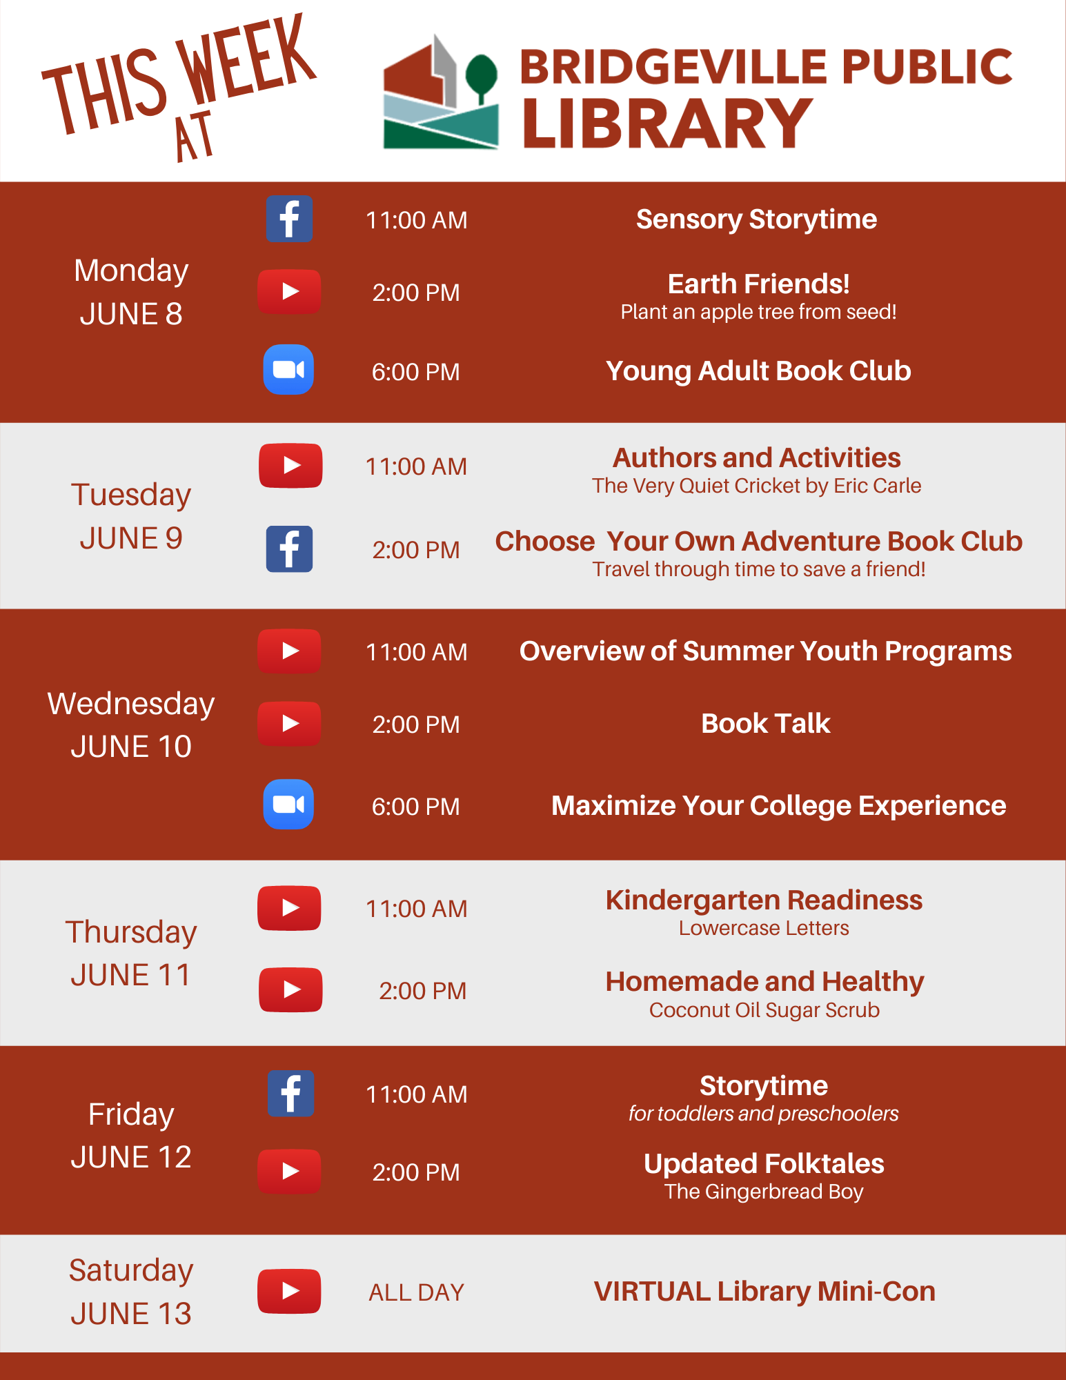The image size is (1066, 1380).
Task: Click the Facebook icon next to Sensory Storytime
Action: point(290,219)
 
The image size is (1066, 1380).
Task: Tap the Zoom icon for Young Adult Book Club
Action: point(288,370)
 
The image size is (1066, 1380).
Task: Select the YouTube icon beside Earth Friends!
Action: point(290,292)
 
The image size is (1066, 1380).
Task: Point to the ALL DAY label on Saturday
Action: point(417,1292)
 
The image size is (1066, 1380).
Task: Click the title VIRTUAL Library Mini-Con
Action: point(764,1291)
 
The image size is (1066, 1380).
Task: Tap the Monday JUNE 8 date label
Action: point(131,292)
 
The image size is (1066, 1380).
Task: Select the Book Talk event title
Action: point(766,723)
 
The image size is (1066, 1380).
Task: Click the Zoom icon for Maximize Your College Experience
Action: point(288,805)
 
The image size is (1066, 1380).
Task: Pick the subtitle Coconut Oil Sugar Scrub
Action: point(764,1010)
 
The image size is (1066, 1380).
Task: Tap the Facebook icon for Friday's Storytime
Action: point(291,1094)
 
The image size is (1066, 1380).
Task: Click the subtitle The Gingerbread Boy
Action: point(764,1192)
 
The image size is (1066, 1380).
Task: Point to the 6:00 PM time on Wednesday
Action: point(416,807)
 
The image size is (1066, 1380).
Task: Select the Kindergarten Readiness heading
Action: point(764,900)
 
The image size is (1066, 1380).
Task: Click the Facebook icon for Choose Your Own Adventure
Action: point(290,549)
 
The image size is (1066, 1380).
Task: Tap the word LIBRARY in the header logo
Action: point(667,123)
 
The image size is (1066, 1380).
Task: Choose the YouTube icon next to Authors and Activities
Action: point(290,466)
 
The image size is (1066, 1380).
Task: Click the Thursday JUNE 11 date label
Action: point(131,954)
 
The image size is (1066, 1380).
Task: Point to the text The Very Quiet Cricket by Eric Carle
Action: point(757,486)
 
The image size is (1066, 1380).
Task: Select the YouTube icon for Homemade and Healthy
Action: point(290,990)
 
